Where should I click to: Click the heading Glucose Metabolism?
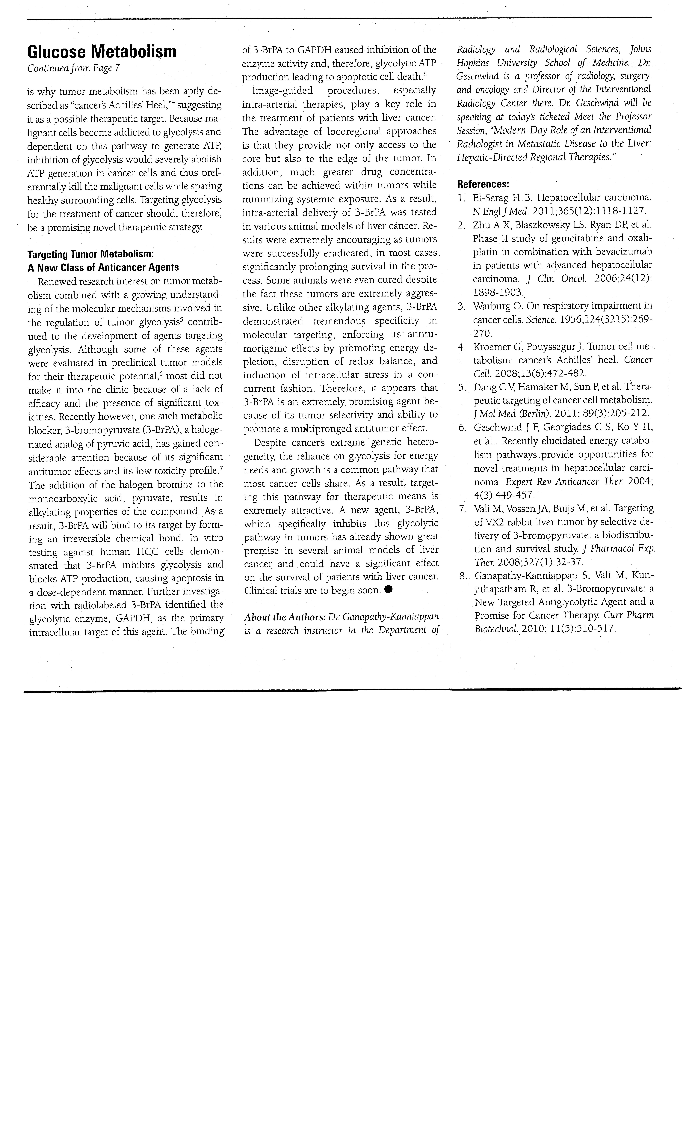[x=102, y=52]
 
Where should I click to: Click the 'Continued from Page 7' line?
[x=73, y=68]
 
